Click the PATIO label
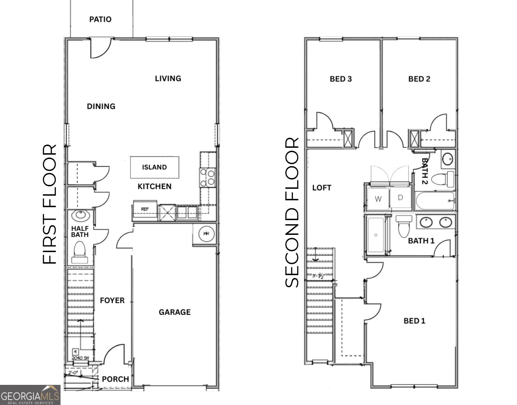pos(100,19)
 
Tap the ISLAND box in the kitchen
pos(154,167)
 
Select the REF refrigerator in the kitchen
pos(145,210)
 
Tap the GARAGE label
pos(174,312)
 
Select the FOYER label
pos(112,300)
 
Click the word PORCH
pos(115,379)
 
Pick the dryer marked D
pos(400,198)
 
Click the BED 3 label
pos(340,79)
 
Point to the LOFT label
pos(321,188)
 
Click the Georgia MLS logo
pos(30,395)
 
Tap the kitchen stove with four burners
pos(208,178)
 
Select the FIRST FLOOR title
pos(50,204)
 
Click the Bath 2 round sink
pos(448,159)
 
